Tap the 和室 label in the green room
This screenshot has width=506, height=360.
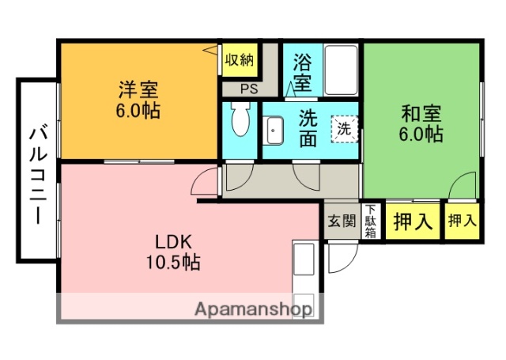tap(420, 112)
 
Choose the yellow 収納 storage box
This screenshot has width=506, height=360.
tap(240, 60)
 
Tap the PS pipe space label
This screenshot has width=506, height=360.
tap(249, 89)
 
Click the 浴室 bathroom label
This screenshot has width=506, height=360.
tap(303, 70)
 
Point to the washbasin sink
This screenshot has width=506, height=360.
tap(274, 130)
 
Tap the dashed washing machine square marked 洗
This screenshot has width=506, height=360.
tap(345, 129)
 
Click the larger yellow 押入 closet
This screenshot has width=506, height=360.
tap(413, 221)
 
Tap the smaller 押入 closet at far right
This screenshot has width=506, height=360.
tap(462, 221)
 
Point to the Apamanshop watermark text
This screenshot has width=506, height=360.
tap(253, 309)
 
